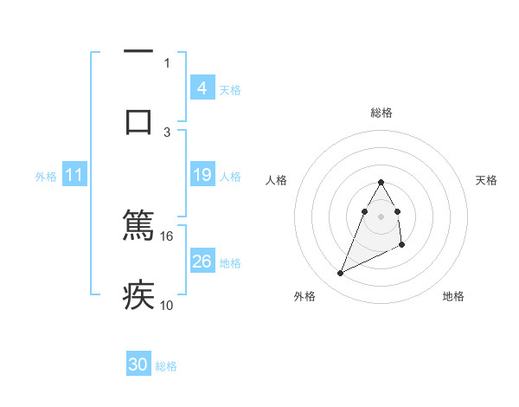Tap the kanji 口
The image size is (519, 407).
pos(138,121)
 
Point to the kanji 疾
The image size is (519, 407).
pos(138,295)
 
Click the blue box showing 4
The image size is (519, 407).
pos(202,87)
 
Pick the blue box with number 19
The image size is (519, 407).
pos(202,175)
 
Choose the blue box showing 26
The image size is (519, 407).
pos(202,261)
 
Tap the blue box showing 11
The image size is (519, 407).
pos(74,175)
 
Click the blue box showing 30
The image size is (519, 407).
pos(138,365)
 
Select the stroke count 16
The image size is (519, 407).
pos(167,236)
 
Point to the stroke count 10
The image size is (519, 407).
pos(167,305)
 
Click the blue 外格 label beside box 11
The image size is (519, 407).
pos(46,176)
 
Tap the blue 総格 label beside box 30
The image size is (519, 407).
pos(166,366)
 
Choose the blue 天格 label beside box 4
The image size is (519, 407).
pos(230,89)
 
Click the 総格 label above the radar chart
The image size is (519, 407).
pos(381,113)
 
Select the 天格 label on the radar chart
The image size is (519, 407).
pos(487,180)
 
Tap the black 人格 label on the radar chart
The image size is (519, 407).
pos(277,180)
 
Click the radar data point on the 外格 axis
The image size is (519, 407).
pos(341,274)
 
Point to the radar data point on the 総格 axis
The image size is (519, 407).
pos(381,183)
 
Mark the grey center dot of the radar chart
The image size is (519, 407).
pos(381,216)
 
